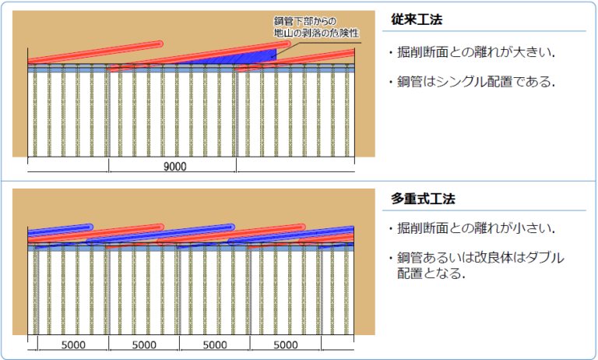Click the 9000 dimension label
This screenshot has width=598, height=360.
pyautogui.click(x=174, y=166)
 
